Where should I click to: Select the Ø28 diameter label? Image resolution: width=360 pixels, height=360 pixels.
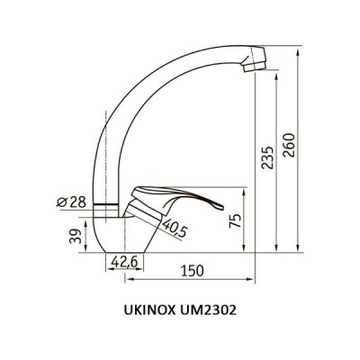click(71, 202)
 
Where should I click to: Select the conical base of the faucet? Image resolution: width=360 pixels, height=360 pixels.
click(121, 236)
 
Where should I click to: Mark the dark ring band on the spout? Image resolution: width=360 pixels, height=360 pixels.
click(106, 205)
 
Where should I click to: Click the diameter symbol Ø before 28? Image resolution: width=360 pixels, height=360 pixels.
click(59, 202)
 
